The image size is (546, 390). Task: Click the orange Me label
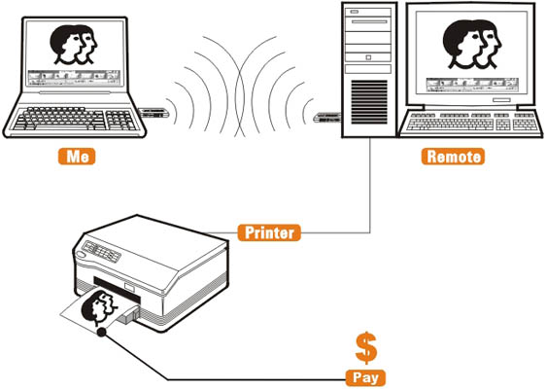[77, 157]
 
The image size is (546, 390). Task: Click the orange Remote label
[453, 157]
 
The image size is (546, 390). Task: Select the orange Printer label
[269, 232]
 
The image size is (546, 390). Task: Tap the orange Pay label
[365, 377]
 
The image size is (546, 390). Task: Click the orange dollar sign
[366, 348]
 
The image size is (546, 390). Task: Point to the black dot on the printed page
[101, 333]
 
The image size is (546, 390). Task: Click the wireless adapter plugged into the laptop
[154, 113]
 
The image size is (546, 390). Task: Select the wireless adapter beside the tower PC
[327, 118]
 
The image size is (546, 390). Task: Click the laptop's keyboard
[75, 119]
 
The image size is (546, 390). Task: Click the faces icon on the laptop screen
[74, 45]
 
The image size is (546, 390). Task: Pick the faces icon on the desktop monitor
[472, 44]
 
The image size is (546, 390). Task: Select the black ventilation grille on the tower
[369, 102]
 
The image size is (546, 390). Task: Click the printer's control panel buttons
[102, 251]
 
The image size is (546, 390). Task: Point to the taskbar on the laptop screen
[74, 78]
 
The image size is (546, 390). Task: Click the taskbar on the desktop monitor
[472, 86]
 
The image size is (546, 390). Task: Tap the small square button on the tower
[368, 57]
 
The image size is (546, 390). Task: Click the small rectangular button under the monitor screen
[501, 100]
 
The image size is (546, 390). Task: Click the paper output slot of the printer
[117, 290]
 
